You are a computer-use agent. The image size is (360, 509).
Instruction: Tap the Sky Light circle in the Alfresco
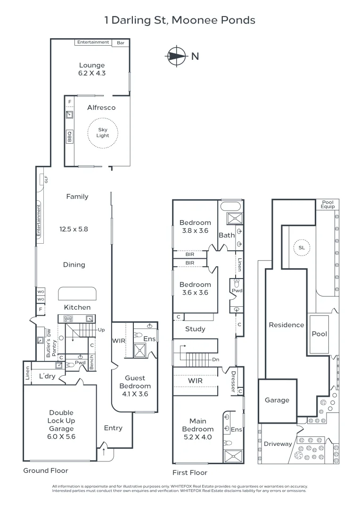click(103, 132)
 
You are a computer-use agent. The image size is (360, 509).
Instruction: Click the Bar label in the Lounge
click(121, 42)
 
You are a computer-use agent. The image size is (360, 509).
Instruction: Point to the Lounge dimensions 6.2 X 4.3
click(92, 73)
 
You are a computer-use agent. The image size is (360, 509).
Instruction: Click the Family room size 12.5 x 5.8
click(74, 230)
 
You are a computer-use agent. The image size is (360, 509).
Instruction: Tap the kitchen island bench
click(77, 294)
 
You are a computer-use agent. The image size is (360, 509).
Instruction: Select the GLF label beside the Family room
click(46, 180)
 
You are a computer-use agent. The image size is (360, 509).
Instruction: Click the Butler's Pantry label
click(51, 342)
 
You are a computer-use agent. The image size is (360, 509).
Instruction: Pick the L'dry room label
click(47, 376)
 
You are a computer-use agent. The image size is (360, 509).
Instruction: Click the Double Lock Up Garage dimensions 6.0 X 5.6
click(61, 436)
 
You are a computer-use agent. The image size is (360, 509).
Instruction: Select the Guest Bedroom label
click(135, 382)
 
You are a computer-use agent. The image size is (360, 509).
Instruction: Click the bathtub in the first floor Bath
click(231, 206)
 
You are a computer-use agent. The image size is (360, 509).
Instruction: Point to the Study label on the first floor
click(195, 329)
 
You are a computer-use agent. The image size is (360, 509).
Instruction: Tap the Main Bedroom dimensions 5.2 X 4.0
click(198, 437)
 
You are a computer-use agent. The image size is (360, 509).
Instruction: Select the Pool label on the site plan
click(319, 334)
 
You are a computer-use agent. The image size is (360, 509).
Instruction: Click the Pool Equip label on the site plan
click(327, 204)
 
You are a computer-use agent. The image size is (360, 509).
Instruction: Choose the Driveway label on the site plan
click(278, 444)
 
